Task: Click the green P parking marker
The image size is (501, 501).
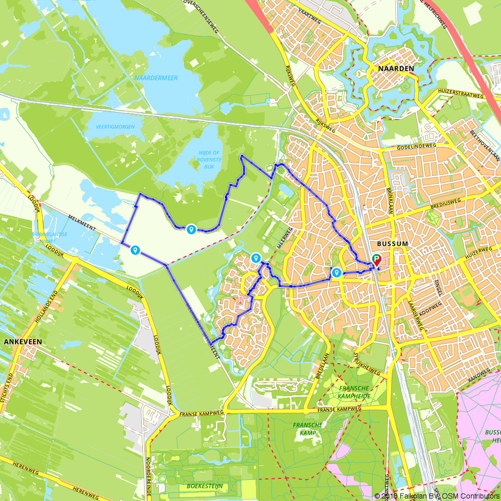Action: pos(376,259)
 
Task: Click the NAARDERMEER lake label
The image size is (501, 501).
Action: pos(156,78)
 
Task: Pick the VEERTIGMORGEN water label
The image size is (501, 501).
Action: pos(115,127)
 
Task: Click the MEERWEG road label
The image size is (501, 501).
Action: pos(285,237)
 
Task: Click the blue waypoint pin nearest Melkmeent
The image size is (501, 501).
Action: pos(135,249)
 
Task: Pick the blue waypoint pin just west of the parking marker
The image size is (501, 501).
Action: pos(337,272)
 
